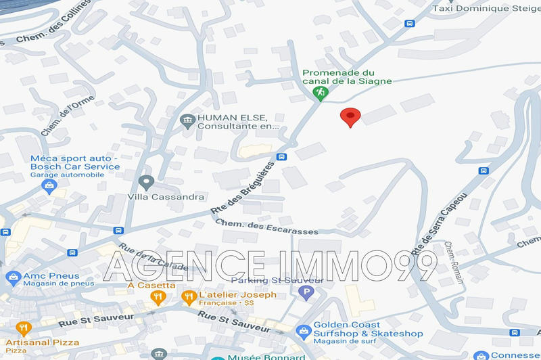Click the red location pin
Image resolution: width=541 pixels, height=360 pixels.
tap(349, 116)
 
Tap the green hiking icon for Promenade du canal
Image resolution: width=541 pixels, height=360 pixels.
tap(321, 91)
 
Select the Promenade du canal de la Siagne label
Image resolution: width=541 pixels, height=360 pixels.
tap(347, 77)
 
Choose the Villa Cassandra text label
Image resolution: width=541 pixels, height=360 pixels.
tap(166, 197)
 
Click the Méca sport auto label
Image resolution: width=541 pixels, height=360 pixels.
tap(74, 162)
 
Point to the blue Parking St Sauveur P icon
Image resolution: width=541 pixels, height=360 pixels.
tap(306, 294)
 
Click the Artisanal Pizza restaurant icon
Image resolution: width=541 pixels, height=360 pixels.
tap(23, 329)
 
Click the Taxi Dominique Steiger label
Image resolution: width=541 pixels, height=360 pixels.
tap(488, 8)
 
